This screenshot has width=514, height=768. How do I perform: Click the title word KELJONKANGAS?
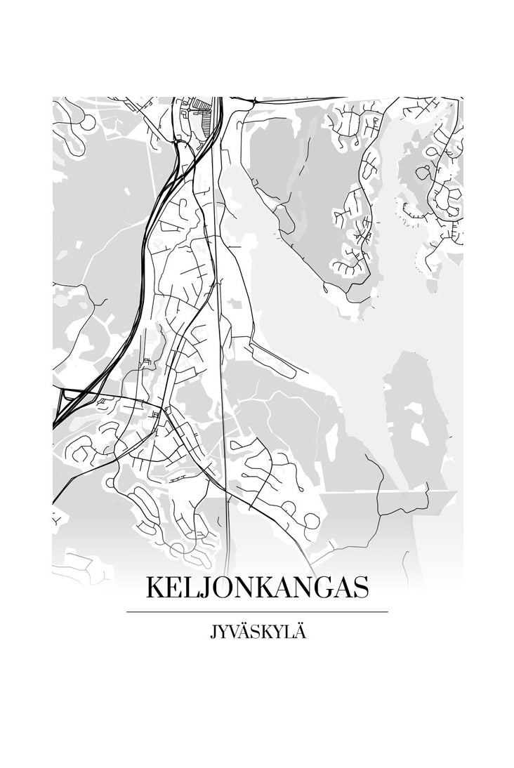257,588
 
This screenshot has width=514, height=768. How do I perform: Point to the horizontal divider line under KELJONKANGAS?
257,612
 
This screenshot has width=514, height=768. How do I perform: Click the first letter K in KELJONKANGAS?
154,588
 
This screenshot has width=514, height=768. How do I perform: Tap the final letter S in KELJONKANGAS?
360,588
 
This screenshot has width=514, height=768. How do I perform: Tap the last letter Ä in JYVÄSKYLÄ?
301,633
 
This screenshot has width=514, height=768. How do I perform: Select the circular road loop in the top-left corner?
88,122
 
